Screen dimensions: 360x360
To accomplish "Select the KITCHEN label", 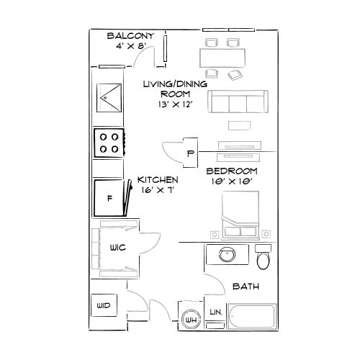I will (x=157, y=179).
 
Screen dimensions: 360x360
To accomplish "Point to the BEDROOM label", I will (x=232, y=171).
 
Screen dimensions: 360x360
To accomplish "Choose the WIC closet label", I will (x=118, y=248).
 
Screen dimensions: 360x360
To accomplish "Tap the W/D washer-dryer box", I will (x=103, y=306).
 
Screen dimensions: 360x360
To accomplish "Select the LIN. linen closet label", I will (x=215, y=312).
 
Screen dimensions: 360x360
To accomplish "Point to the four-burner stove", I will (x=109, y=142).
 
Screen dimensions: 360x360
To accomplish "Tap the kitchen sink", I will (x=109, y=99).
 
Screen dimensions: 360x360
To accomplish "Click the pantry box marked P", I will (x=191, y=153).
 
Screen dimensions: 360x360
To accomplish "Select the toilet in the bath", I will (x=263, y=257).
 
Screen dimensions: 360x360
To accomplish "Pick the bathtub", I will (x=252, y=317).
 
